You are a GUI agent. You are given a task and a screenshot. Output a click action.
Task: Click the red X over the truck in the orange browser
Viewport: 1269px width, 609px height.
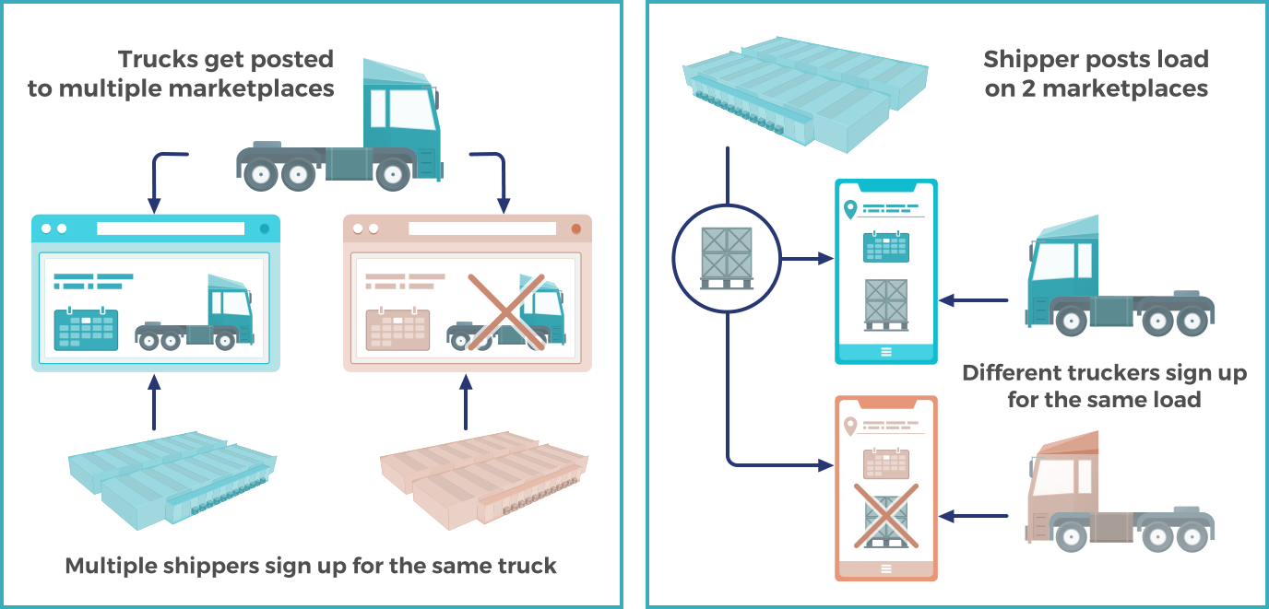pos(505,311)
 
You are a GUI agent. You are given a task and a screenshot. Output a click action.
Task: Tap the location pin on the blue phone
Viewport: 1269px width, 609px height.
pos(849,211)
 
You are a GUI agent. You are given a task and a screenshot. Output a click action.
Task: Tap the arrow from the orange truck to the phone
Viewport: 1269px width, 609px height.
pos(978,516)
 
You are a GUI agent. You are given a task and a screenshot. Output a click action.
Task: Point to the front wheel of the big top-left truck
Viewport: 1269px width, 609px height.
pos(394,173)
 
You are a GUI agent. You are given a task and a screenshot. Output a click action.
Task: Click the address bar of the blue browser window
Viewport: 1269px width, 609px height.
pos(171,228)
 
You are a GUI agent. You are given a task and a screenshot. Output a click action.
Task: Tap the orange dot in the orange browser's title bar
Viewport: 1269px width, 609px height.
pos(576,228)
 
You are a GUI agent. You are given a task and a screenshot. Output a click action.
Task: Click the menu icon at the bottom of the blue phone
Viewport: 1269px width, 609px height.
pos(886,351)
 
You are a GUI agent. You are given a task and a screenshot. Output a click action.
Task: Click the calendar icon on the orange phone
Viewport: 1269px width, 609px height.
pos(886,463)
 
